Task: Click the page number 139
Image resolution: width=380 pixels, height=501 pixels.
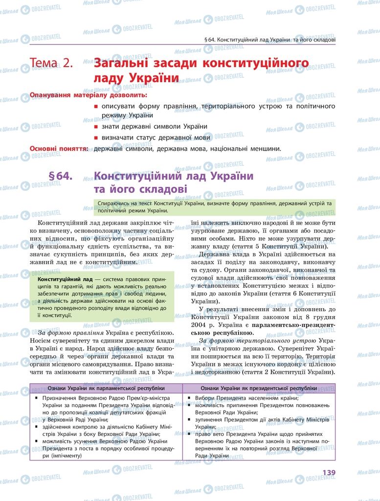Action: click(x=328, y=472)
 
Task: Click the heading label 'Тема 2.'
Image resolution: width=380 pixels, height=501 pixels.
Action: click(x=51, y=63)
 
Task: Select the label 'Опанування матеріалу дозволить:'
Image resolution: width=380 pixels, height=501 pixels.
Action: click(x=82, y=95)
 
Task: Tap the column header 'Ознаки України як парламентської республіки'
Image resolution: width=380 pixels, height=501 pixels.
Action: click(x=106, y=388)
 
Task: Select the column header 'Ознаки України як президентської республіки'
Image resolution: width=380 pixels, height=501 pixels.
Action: click(x=259, y=388)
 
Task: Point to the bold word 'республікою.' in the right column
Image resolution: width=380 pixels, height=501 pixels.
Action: click(x=216, y=332)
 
